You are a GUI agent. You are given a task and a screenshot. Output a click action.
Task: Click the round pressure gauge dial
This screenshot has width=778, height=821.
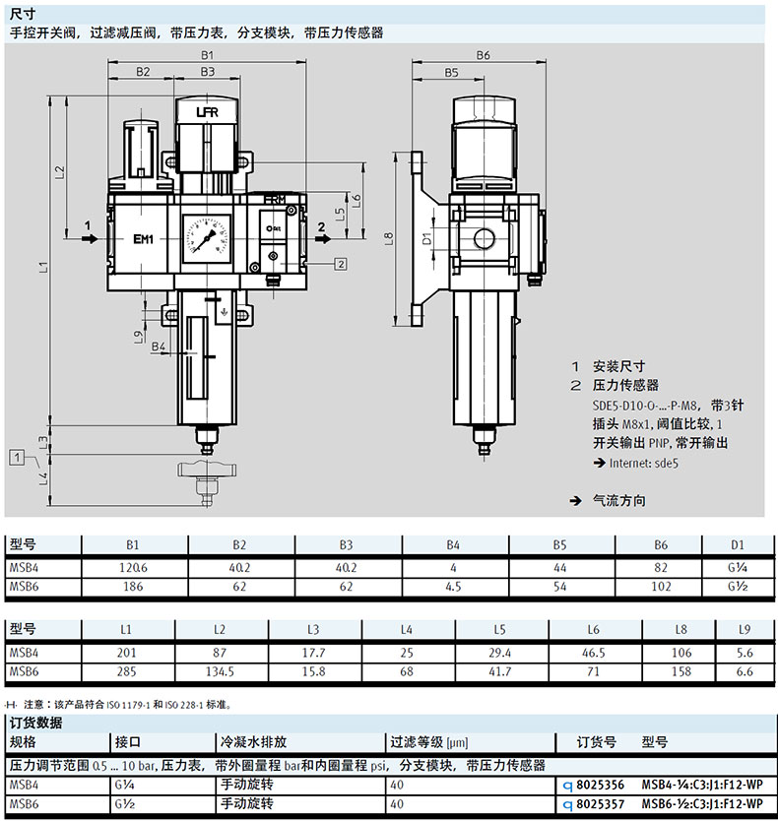point(207,237)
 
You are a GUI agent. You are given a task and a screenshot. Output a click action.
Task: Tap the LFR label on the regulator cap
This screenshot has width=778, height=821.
point(207,112)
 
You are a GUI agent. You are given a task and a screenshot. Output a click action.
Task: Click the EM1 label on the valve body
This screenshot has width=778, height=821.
point(143,239)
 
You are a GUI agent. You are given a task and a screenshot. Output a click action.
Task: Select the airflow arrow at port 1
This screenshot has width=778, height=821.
point(90,239)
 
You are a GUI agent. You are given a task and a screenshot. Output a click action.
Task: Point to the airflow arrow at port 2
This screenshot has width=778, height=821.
point(323,239)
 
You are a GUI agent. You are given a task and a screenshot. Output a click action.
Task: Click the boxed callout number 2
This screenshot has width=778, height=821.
point(341,264)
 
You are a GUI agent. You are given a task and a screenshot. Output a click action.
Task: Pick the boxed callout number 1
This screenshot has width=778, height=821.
point(17,458)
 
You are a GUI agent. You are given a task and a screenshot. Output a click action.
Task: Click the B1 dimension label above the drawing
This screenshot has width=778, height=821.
point(207,55)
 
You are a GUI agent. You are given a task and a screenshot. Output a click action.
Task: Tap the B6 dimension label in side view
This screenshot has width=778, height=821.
point(483,55)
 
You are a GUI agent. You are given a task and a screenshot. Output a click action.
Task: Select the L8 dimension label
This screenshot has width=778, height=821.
point(388,238)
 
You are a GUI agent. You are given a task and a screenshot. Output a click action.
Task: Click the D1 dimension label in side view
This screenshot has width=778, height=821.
point(427,238)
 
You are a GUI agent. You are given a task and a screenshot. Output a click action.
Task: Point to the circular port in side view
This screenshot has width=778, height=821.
point(485,239)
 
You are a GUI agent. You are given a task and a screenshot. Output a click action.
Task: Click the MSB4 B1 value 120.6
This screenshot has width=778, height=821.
point(133,568)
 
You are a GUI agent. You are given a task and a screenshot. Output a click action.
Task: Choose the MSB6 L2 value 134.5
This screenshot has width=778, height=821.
point(220,671)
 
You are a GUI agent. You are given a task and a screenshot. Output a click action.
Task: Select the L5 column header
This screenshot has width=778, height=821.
point(499,629)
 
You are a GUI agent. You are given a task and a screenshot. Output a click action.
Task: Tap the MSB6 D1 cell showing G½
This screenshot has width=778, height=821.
point(738,587)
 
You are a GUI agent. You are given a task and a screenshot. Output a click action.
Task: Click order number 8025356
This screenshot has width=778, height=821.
point(601,785)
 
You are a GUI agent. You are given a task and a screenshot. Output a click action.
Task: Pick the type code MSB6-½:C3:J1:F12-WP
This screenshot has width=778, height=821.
point(702,803)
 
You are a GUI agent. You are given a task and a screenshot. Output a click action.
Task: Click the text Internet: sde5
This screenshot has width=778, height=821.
point(643,463)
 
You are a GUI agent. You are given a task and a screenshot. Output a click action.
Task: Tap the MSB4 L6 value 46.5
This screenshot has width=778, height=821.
point(593,653)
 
